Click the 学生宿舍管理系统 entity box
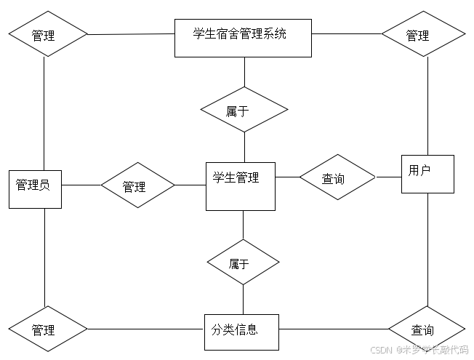tap(243, 38)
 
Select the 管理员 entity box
tap(35, 189)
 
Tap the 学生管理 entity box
tap(240, 186)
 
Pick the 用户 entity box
tap(427, 174)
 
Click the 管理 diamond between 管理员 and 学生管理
tap(137, 185)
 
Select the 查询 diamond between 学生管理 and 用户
tap(337, 177)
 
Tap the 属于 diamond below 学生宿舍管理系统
tap(244, 110)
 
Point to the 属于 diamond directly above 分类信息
tap(243, 263)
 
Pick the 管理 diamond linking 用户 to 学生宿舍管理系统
tap(423, 34)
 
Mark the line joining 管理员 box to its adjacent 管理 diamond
tap(81, 185)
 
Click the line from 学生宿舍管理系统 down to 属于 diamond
tap(244, 71)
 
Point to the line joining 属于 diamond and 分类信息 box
tap(243, 299)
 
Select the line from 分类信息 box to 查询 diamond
tap(334, 329)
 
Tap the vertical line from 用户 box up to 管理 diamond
tap(427, 105)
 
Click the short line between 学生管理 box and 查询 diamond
tap(287, 177)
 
